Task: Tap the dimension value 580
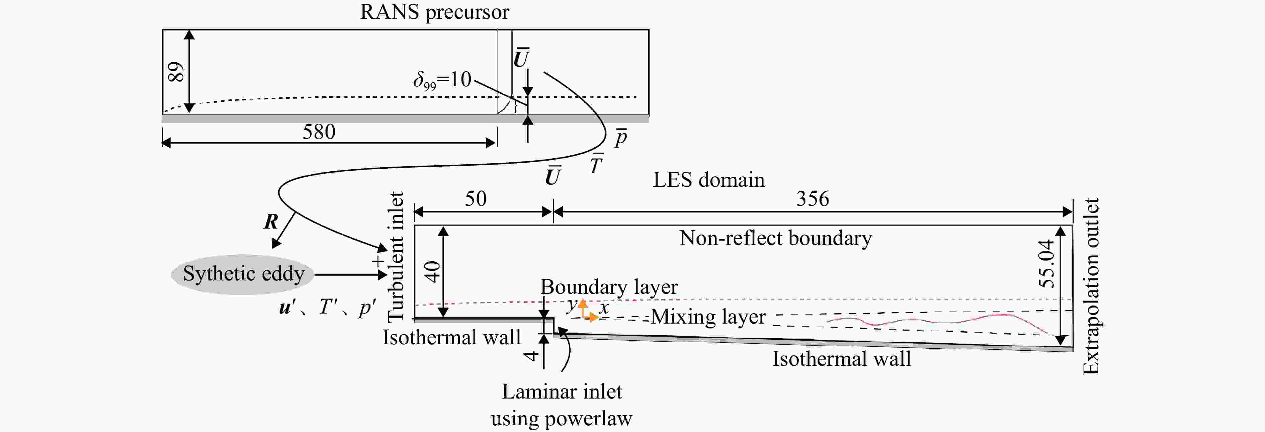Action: (x=319, y=132)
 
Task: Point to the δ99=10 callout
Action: (x=442, y=80)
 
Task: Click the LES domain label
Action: (x=708, y=180)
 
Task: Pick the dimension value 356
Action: (x=813, y=199)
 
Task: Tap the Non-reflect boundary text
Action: (x=776, y=238)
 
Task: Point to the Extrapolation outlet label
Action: (x=1091, y=286)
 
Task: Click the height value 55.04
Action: (x=1046, y=264)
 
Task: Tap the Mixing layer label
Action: (x=708, y=317)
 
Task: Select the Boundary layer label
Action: (x=609, y=287)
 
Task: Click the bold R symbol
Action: (x=271, y=222)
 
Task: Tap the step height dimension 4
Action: (x=531, y=354)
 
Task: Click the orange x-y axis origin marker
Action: (x=583, y=317)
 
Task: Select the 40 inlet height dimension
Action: (x=433, y=271)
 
